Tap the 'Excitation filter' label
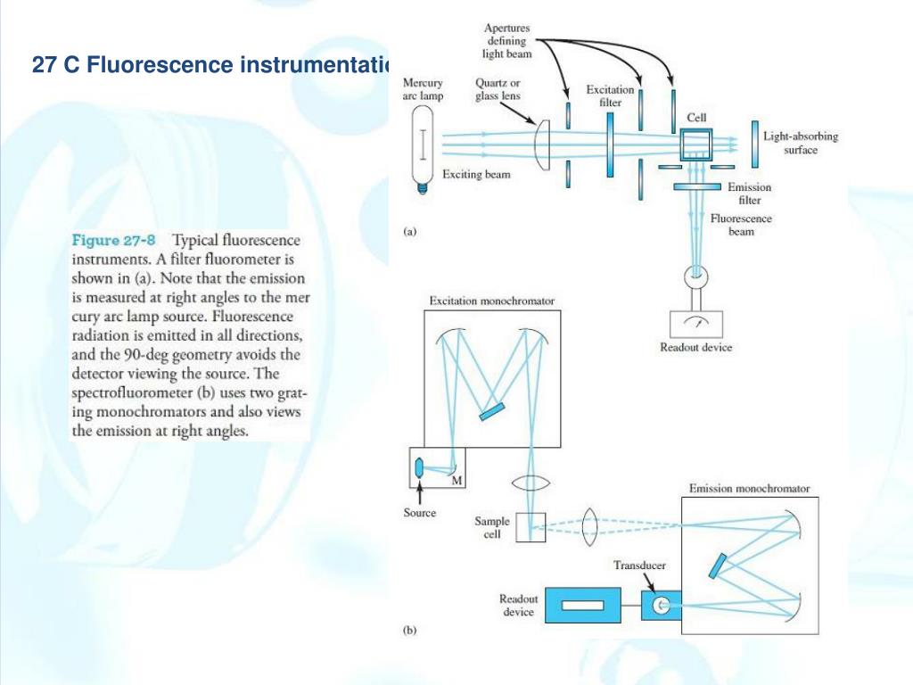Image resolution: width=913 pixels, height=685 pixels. tap(610, 95)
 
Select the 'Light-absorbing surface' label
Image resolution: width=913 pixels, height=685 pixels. tap(800, 144)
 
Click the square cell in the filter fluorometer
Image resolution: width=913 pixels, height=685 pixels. tap(695, 142)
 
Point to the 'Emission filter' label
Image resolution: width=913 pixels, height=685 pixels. tap(749, 194)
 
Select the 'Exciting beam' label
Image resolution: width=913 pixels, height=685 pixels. tap(476, 175)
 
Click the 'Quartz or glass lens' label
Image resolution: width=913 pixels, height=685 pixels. tap(498, 89)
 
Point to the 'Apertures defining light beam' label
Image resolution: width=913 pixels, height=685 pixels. tap(508, 41)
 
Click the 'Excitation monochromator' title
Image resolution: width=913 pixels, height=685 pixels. tap(491, 301)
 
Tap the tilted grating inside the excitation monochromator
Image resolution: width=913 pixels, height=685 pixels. tap(489, 411)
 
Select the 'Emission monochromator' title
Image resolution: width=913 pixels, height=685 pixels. tap(749, 489)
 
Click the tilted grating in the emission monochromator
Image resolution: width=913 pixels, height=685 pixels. tap(718, 566)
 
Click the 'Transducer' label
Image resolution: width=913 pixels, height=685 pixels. tap(639, 565)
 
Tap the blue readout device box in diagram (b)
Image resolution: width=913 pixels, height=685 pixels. tap(580, 606)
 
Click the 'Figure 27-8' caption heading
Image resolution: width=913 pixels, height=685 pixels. tap(113, 241)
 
